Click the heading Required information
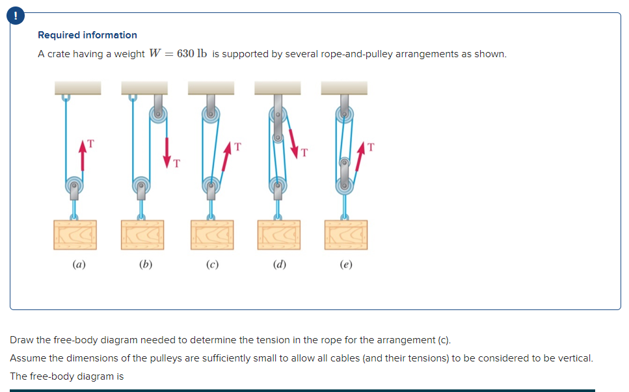click(x=87, y=35)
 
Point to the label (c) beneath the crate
click(x=211, y=265)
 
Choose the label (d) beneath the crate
click(x=278, y=265)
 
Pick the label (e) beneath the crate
click(x=346, y=265)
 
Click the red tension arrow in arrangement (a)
click(x=83, y=156)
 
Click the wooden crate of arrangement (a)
click(x=75, y=235)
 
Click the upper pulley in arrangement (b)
click(x=158, y=115)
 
